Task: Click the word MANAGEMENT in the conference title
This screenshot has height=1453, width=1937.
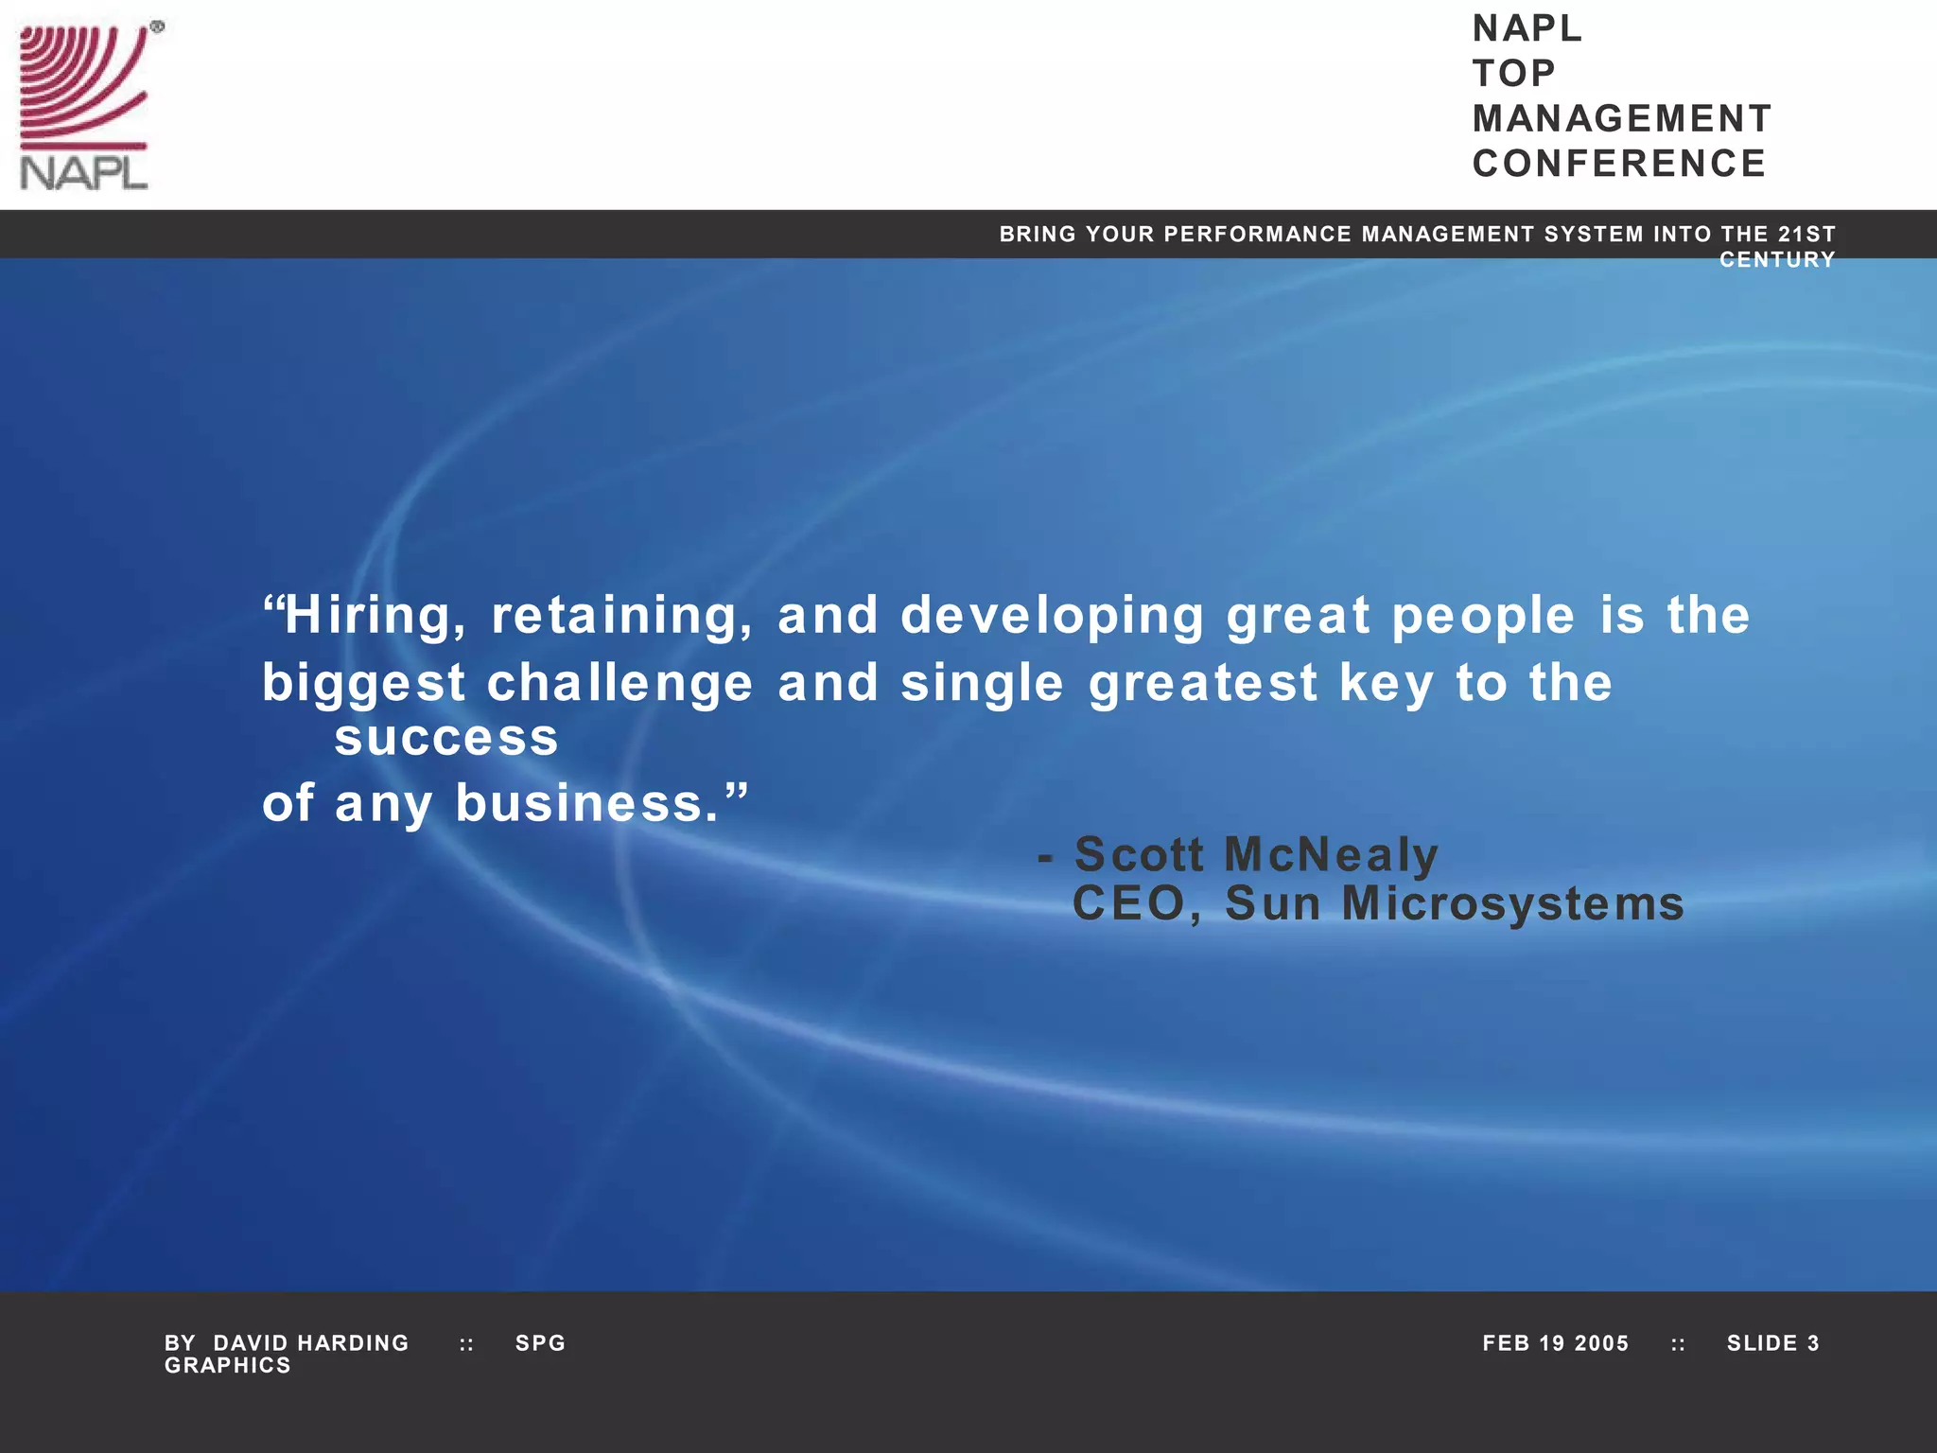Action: pyautogui.click(x=1622, y=119)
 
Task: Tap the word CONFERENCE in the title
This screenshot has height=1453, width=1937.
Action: pyautogui.click(x=1619, y=164)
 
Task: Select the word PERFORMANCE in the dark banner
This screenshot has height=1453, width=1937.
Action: pyautogui.click(x=1258, y=234)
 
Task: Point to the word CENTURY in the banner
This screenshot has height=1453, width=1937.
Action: pyautogui.click(x=1777, y=260)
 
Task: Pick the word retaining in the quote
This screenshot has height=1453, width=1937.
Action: pyautogui.click(x=621, y=616)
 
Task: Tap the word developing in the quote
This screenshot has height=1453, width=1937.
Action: pyautogui.click(x=1052, y=616)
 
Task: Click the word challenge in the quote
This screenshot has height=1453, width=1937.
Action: pyautogui.click(x=619, y=683)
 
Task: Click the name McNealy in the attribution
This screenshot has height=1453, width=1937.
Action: pyautogui.click(x=1331, y=854)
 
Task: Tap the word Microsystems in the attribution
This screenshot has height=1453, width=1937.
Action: pyautogui.click(x=1513, y=903)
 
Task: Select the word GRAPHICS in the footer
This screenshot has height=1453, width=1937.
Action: pyautogui.click(x=228, y=1365)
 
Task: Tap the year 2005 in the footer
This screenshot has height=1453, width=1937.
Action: pyautogui.click(x=1601, y=1343)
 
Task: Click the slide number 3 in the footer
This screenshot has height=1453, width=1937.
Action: pyautogui.click(x=1813, y=1343)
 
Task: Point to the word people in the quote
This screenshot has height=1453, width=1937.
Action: pyautogui.click(x=1483, y=616)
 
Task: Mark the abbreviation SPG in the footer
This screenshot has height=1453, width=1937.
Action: pyautogui.click(x=540, y=1343)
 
